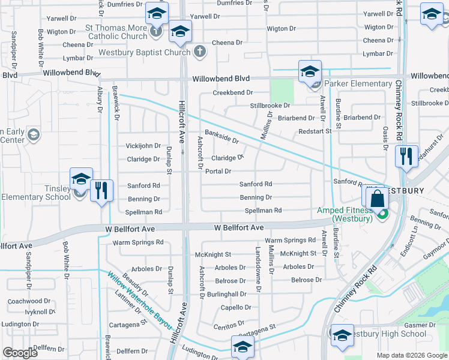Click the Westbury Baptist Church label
[148, 52]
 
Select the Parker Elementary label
[358, 83]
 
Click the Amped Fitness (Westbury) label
[345, 214]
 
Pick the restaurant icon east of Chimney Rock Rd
[406, 157]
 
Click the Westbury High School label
[387, 334]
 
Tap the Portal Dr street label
[218, 172]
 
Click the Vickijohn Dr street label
[143, 146]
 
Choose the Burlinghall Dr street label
[226, 294]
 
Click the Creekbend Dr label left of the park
[233, 93]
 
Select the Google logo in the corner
[20, 353]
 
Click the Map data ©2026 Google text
[412, 355]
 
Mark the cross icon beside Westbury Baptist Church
[199, 52]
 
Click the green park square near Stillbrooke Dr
[282, 91]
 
